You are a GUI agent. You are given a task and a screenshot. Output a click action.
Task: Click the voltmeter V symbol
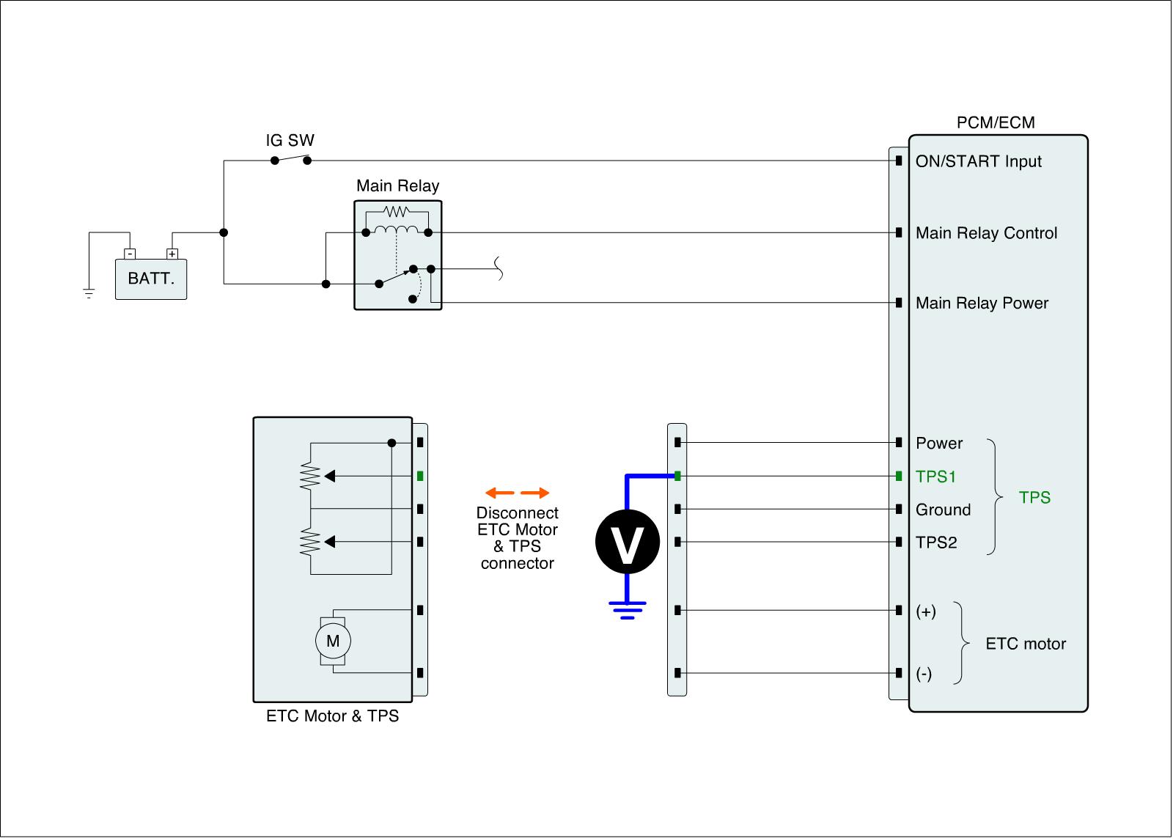627,541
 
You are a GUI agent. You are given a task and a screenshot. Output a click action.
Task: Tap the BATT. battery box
151,279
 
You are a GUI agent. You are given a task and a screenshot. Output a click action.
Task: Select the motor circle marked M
333,642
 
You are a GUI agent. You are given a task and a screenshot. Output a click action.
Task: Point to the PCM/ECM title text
996,122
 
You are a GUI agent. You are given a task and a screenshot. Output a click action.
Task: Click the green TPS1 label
936,477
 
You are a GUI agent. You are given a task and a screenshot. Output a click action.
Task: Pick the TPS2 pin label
936,543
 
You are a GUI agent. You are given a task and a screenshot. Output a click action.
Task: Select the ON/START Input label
978,161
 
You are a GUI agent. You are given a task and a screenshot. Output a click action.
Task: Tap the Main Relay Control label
986,233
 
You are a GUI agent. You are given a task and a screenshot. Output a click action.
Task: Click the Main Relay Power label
982,303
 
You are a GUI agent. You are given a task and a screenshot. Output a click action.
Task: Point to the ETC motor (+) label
926,611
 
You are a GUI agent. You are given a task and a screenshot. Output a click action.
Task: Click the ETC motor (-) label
924,674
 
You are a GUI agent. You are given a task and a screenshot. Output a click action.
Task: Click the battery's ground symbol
89,294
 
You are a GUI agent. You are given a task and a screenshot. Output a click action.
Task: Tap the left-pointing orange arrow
499,493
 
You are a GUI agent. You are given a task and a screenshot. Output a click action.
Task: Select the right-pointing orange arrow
535,493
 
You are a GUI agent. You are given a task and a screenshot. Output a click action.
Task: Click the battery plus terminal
172,254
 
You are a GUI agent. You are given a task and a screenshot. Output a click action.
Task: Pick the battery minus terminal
130,254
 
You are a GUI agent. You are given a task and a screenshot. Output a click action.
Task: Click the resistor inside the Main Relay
396,211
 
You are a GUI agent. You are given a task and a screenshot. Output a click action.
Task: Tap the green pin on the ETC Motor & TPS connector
420,476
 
